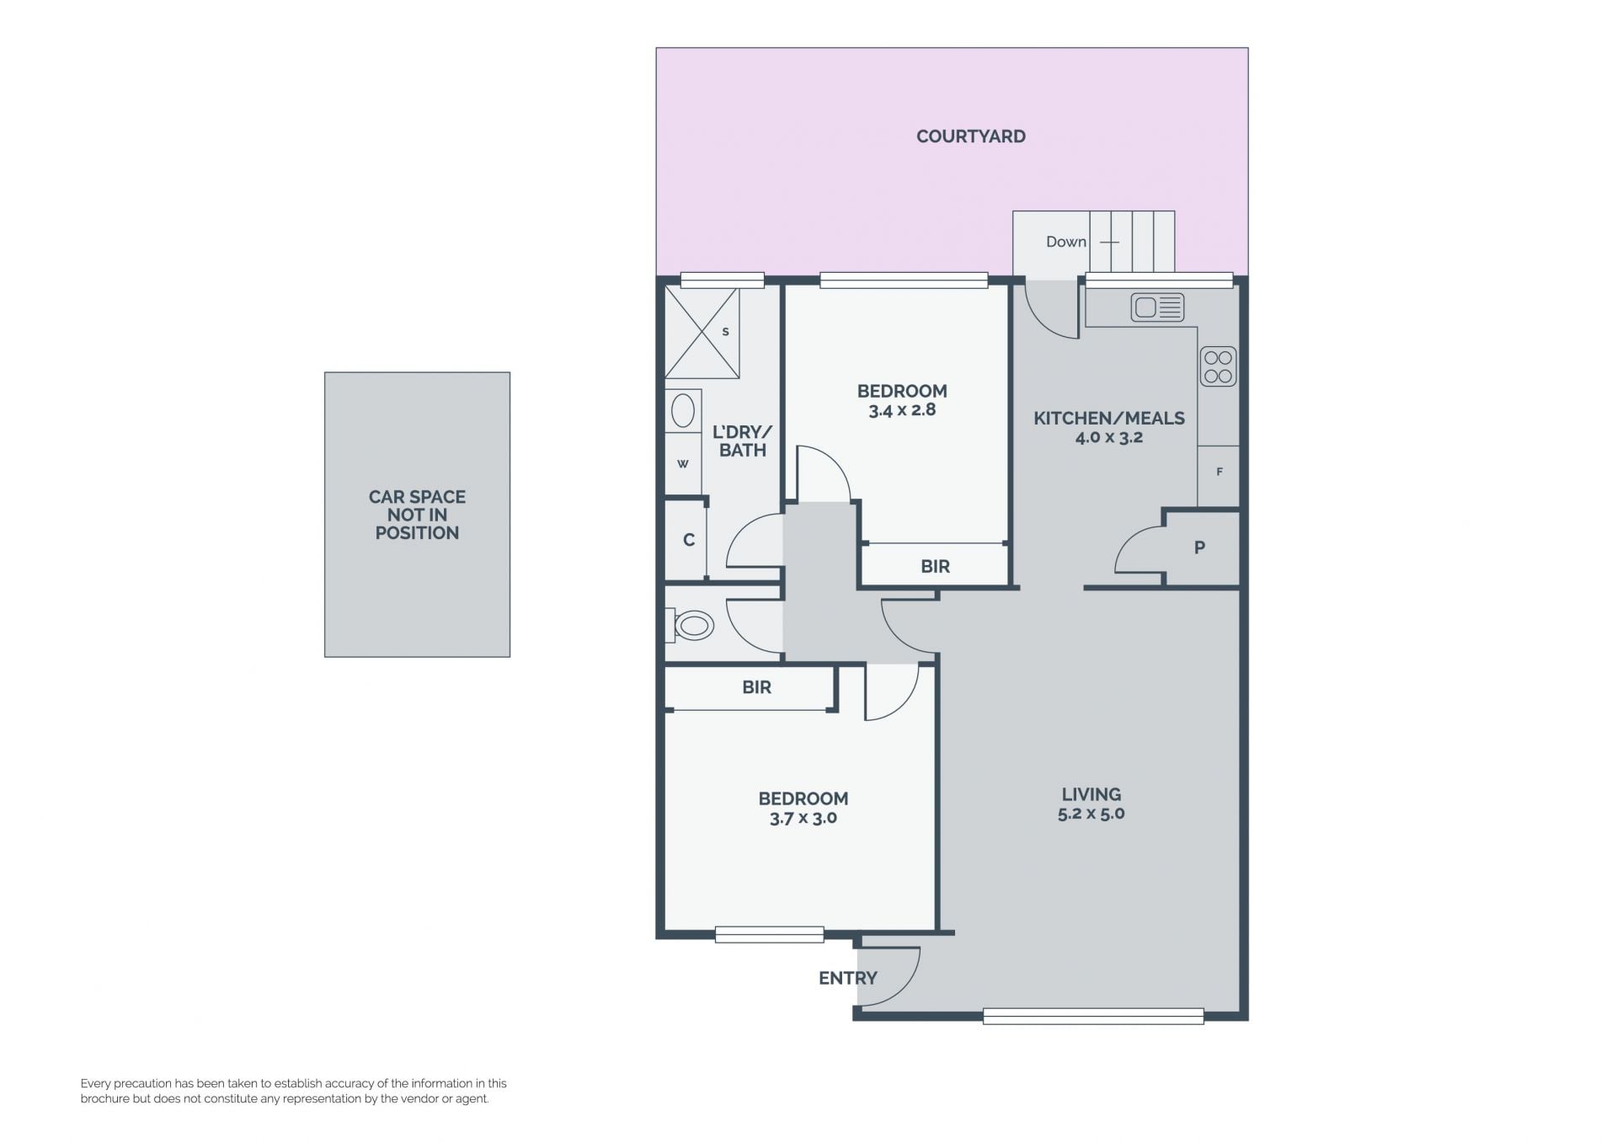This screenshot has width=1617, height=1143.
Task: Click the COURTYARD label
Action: pos(970,136)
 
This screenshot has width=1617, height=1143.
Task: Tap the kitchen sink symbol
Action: pos(1158,307)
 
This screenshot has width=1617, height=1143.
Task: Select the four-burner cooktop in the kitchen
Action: pos(1218,367)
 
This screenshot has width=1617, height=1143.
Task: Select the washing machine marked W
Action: pos(683,463)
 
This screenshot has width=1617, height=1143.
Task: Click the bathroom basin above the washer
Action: pos(683,411)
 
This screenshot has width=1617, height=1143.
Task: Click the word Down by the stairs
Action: pos(1066,242)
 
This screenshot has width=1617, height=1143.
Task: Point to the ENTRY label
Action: pos(848,978)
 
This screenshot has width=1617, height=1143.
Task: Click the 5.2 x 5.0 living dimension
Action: pos(1091,814)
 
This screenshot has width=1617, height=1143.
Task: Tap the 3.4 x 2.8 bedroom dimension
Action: pos(902,410)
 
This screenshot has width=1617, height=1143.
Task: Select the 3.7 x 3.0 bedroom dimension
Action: pos(803,818)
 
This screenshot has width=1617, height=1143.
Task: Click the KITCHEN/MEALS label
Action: pos(1109,418)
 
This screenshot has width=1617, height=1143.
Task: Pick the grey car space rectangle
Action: pos(417,515)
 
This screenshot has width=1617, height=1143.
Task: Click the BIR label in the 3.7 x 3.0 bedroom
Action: pos(756,687)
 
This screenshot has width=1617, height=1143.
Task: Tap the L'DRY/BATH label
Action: pos(742,441)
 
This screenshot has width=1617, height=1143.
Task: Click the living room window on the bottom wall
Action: pos(1093,1017)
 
